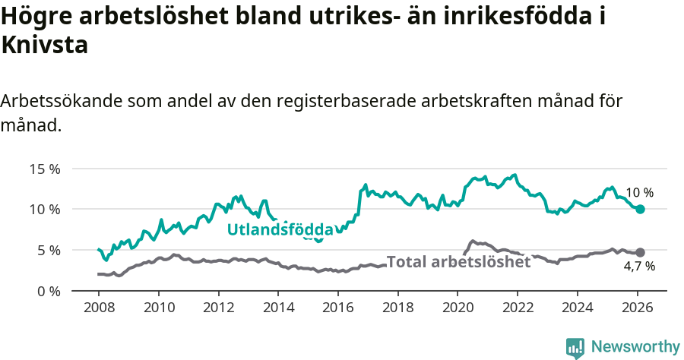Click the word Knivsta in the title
(x=45, y=46)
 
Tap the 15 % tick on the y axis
(x=45, y=169)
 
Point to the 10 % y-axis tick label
(x=45, y=210)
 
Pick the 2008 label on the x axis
(x=99, y=308)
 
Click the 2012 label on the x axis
(x=218, y=308)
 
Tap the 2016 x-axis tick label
(x=337, y=308)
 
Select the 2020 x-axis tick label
(x=457, y=308)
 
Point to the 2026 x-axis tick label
(x=636, y=308)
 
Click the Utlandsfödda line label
(x=280, y=229)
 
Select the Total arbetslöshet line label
(x=458, y=262)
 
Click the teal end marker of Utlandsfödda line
(x=640, y=209)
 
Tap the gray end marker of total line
(x=640, y=252)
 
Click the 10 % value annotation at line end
(x=639, y=193)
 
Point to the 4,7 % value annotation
(x=639, y=267)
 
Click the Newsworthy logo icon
(x=575, y=348)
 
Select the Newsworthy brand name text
(x=635, y=347)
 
